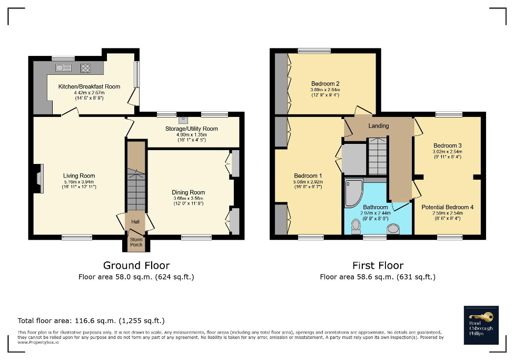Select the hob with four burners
tap(85, 67)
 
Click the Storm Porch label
tap(136, 242)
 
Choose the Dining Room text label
tap(188, 192)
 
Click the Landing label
tap(378, 126)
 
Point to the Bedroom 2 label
tap(325, 84)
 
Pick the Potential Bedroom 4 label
tap(447, 207)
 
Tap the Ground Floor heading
tap(136, 265)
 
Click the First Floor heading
tap(378, 265)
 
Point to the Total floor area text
tap(91, 320)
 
